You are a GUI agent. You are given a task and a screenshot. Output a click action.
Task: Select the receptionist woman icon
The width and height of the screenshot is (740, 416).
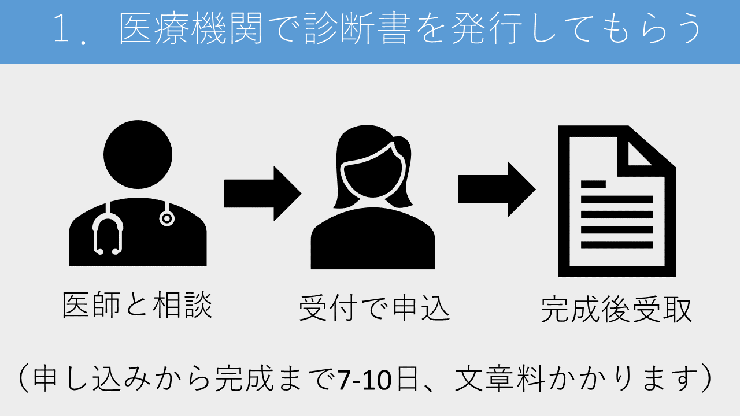[373, 202]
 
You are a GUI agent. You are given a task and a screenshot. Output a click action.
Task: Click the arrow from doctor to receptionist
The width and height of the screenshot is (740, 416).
[263, 194]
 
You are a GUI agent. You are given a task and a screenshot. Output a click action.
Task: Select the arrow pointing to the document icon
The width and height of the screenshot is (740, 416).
[497, 189]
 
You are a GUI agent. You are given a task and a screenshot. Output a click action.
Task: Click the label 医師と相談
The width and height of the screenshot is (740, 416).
[138, 304]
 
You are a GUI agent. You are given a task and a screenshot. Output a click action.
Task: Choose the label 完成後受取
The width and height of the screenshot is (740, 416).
[616, 310]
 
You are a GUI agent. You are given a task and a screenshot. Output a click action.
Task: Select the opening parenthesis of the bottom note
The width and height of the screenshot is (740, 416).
[23, 378]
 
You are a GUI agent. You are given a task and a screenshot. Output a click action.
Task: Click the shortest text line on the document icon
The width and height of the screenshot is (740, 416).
[593, 184]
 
